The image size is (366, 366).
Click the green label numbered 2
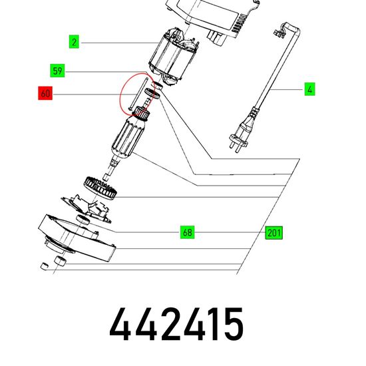[x=74, y=42]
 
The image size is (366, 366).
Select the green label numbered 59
[x=57, y=71]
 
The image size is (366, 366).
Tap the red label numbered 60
[x=45, y=93]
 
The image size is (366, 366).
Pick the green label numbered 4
[x=309, y=89]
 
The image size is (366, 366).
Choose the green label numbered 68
[x=188, y=232]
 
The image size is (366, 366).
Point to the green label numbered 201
[x=274, y=233]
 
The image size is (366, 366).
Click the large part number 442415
[x=176, y=324]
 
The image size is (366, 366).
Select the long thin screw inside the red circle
[x=138, y=93]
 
